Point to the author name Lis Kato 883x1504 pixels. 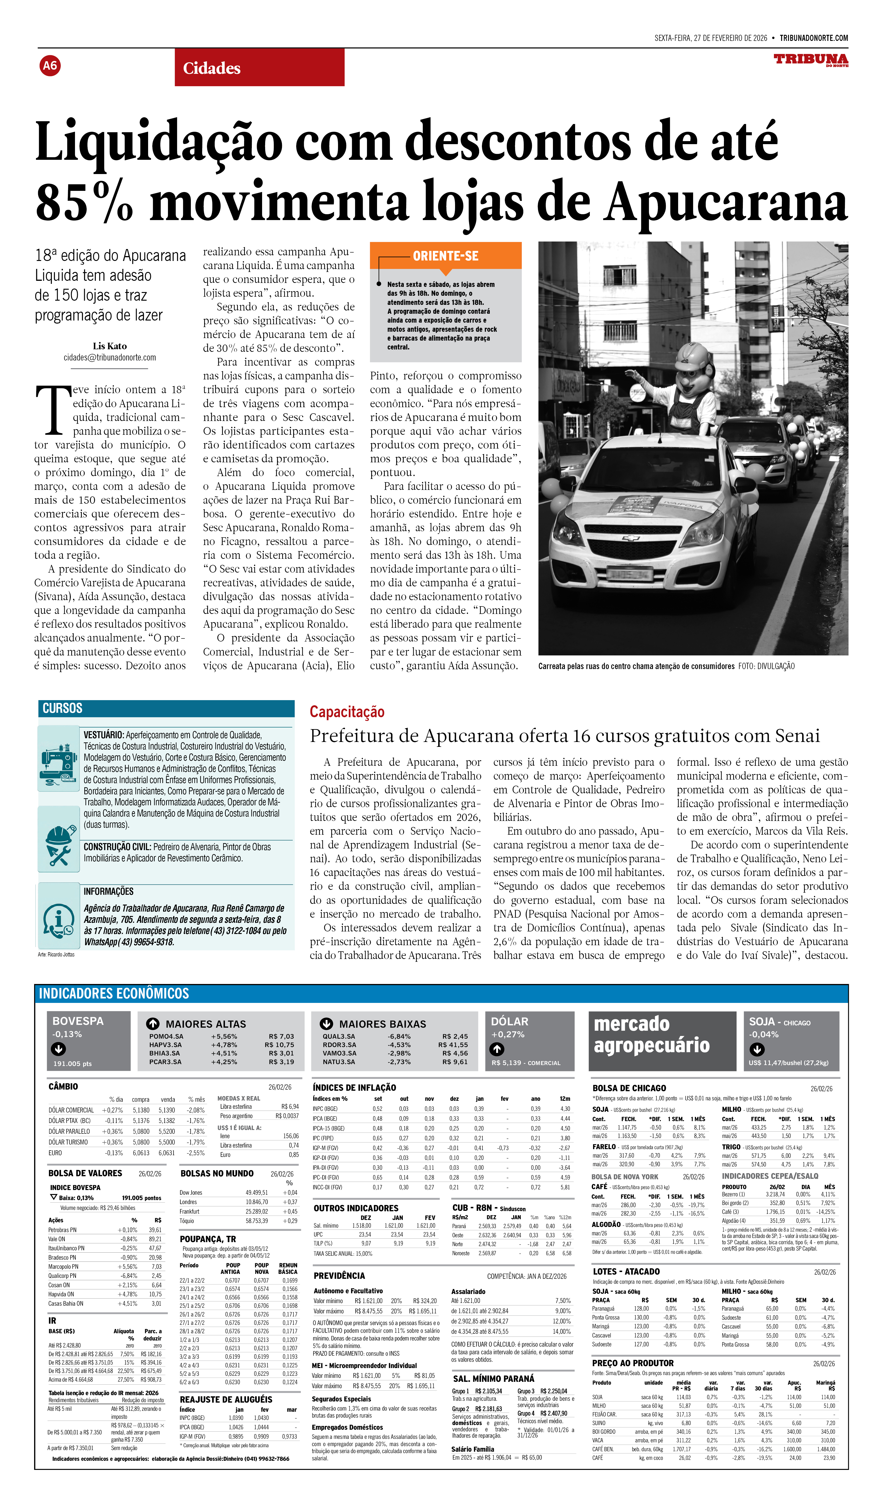tap(110, 346)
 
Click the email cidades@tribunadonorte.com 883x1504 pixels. tap(110, 357)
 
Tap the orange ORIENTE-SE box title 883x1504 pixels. tap(446, 256)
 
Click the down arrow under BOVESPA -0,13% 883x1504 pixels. tap(58, 1049)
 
